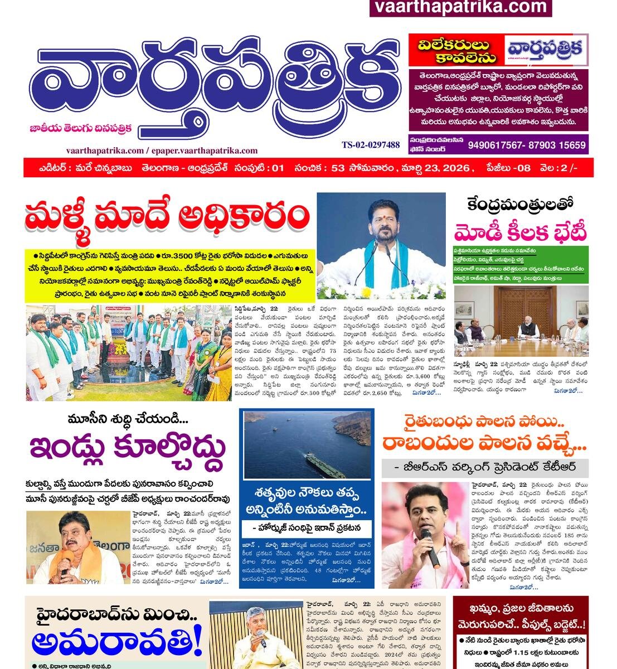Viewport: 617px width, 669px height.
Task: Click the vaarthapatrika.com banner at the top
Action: [460, 7]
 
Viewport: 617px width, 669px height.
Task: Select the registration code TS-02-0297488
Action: [371, 145]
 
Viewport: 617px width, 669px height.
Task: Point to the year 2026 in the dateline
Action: [453, 167]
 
